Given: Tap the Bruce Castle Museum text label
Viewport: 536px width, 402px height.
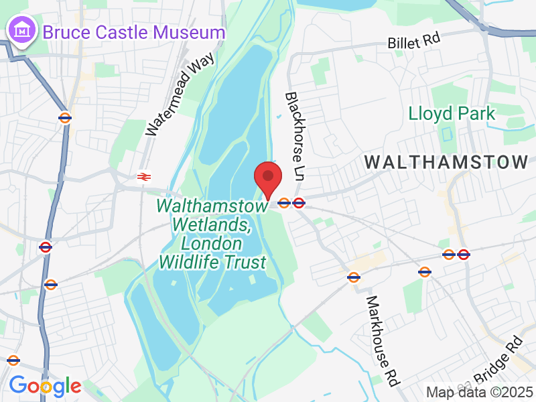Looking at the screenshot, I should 134,31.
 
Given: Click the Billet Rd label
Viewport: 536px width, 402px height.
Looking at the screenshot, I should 413,42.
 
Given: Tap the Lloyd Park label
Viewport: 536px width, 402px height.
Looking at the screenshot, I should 452,113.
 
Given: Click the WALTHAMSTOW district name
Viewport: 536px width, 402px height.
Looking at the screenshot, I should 447,161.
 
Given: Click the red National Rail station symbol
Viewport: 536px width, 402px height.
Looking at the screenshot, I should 143,176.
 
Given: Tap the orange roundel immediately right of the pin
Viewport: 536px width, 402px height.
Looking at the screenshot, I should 284,202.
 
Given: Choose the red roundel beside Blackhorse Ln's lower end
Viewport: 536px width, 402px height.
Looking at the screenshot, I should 299,202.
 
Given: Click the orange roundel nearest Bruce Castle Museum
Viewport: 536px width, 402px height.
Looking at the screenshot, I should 65,118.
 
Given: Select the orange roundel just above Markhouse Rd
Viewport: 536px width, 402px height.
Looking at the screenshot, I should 354,276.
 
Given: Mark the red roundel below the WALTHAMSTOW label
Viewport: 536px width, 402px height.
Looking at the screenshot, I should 463,255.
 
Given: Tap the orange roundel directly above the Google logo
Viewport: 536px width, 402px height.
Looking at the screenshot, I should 13,360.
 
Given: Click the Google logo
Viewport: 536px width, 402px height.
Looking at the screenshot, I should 45,386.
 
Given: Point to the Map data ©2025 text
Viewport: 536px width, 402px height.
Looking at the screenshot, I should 479,391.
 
